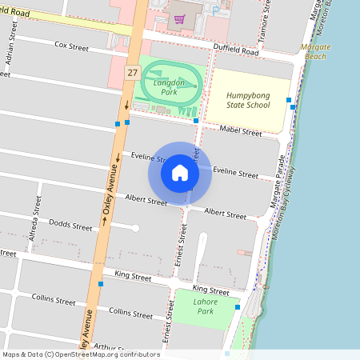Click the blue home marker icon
[180, 173]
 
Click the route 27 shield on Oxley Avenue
[131, 73]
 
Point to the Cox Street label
[71, 46]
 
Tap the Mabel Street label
[241, 131]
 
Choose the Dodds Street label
[70, 226]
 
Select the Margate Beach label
[314, 52]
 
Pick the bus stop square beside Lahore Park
[238, 306]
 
